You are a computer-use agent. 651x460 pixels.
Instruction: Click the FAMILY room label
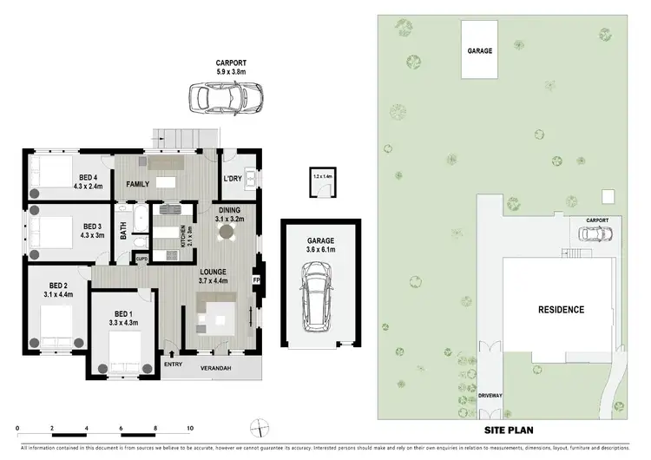(138, 184)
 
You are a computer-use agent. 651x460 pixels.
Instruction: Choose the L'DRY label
(232, 179)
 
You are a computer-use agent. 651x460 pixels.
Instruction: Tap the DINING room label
(229, 211)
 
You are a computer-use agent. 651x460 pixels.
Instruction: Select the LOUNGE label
(212, 272)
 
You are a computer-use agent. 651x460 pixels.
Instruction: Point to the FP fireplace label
(256, 280)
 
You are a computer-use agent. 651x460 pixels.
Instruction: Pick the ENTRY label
(174, 365)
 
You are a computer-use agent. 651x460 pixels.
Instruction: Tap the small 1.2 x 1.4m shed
(322, 184)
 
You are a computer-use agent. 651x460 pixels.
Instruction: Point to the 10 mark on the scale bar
(189, 429)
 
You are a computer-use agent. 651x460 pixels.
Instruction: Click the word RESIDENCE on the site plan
(560, 310)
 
